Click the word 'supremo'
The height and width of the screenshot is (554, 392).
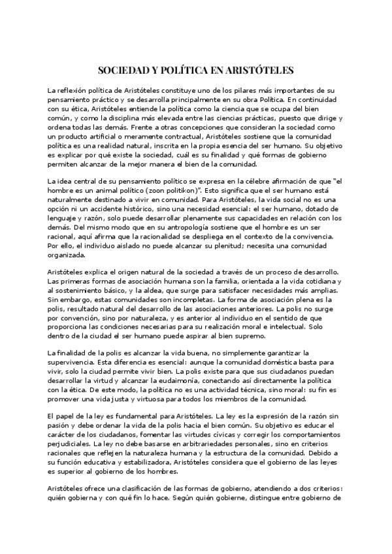(247, 335)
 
